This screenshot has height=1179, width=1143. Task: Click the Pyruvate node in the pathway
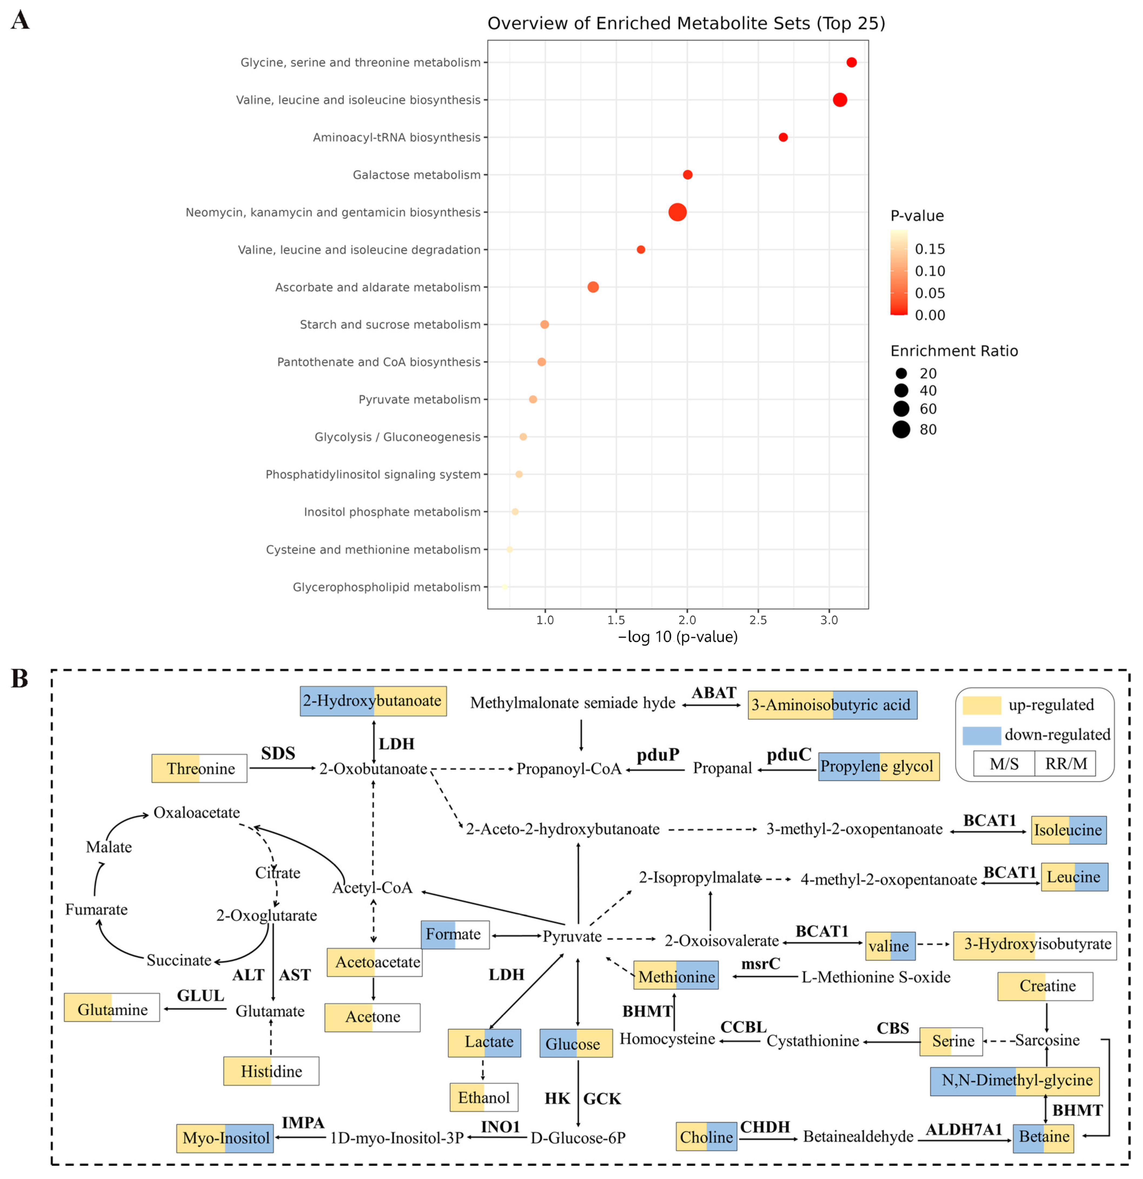[572, 936]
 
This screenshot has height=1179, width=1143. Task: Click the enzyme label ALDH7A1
[963, 1129]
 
